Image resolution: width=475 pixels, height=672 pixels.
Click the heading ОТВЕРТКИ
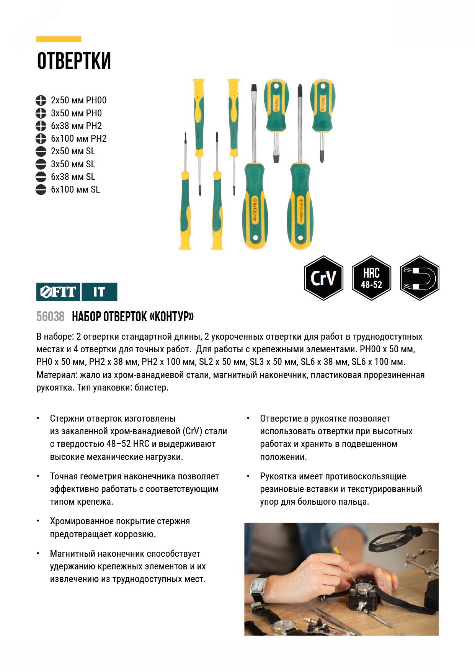coord(74,61)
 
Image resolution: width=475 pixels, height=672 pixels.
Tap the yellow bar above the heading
coord(59,39)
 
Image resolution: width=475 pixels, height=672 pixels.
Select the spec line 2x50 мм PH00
coord(78,100)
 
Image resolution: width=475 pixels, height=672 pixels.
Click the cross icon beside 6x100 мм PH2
coord(41,139)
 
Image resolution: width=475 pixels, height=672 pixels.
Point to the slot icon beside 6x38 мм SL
coord(41,177)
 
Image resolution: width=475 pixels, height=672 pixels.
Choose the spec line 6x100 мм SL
coord(75,190)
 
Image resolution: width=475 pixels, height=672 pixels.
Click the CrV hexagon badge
coord(323,278)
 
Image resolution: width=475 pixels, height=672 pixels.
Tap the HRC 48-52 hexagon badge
coord(371,278)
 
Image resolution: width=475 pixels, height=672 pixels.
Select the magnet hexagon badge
coord(420,278)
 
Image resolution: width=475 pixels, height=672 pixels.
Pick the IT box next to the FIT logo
coord(99,292)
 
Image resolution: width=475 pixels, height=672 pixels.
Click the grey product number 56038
coord(50,317)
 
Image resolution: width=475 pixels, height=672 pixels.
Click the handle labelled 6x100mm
coord(254,209)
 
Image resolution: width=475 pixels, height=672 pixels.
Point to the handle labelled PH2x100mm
coord(301,209)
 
